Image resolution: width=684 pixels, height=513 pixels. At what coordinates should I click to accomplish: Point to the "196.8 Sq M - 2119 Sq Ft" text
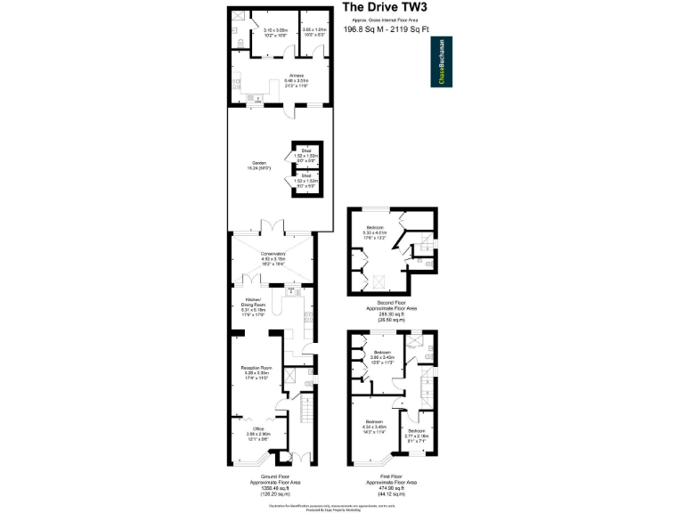[385, 28]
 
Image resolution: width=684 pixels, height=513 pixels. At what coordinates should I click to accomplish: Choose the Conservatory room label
[273, 256]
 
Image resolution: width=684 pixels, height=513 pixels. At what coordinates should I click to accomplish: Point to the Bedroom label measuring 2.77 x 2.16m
[416, 435]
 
